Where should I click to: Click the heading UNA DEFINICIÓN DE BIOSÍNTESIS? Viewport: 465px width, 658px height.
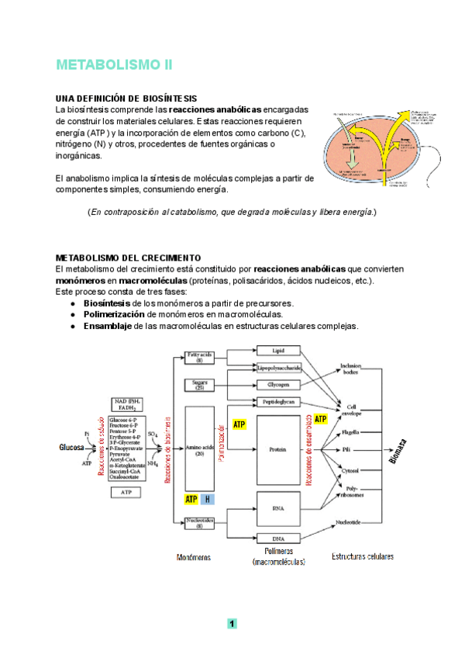(x=126, y=99)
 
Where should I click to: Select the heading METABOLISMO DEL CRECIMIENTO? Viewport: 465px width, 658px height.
(x=129, y=258)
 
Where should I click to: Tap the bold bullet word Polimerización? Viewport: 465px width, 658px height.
(x=115, y=314)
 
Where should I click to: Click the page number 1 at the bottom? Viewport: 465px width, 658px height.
(x=232, y=624)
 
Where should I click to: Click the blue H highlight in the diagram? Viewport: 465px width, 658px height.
(x=207, y=500)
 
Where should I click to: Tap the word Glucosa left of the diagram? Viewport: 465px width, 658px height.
(x=72, y=448)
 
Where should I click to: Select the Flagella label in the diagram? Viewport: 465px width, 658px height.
(x=350, y=433)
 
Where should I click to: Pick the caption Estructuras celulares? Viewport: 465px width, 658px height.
(x=362, y=556)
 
